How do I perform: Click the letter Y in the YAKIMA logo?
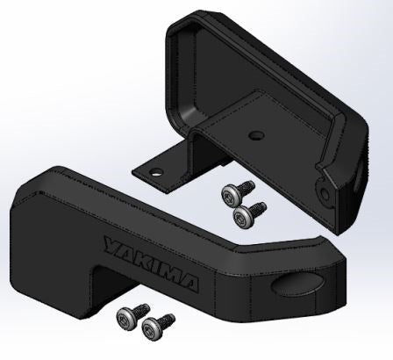click(x=114, y=246)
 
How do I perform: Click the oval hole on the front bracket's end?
click(x=297, y=284)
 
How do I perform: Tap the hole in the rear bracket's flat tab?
click(x=156, y=172)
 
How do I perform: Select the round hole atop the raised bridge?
click(x=256, y=135)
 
